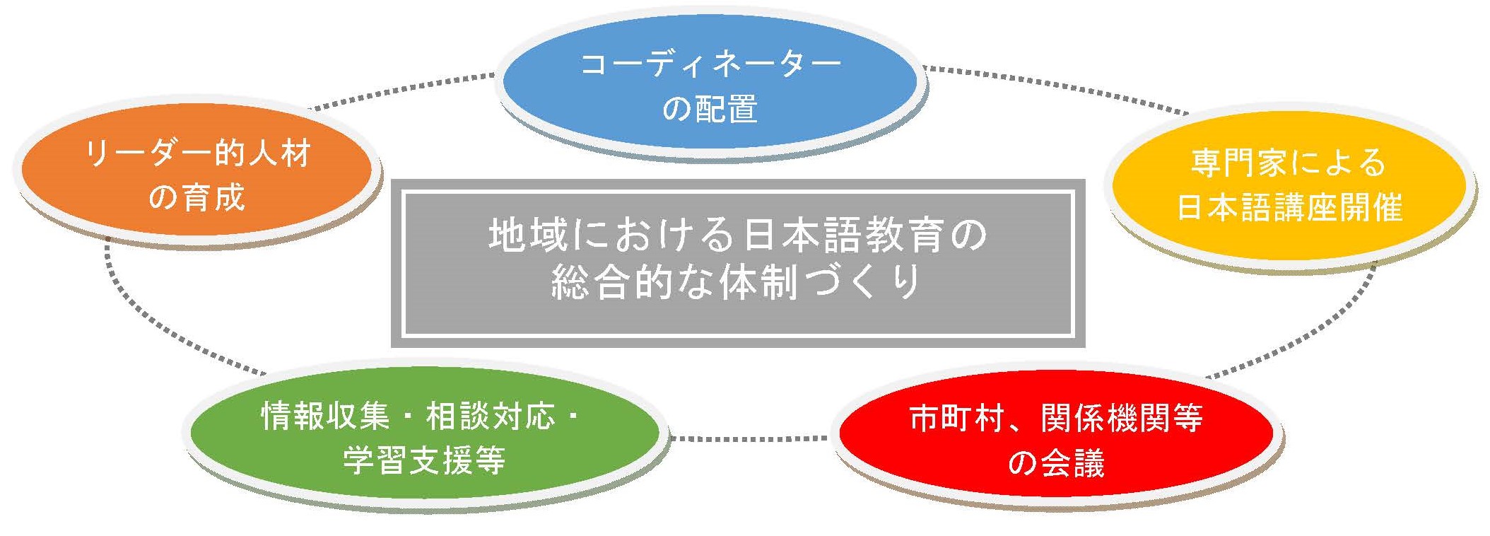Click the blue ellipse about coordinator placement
pos(710,83)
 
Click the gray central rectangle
pos(738,263)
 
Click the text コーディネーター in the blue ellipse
pos(710,64)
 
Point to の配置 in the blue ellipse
pos(710,109)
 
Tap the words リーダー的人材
pos(197,153)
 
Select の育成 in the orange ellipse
pos(196,197)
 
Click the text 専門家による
pos(1289,163)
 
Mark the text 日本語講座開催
pos(1289,207)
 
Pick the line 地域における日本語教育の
pos(738,235)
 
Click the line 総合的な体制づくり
pos(737,281)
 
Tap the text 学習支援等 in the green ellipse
pos(424,460)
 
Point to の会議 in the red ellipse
pos(1056,463)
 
